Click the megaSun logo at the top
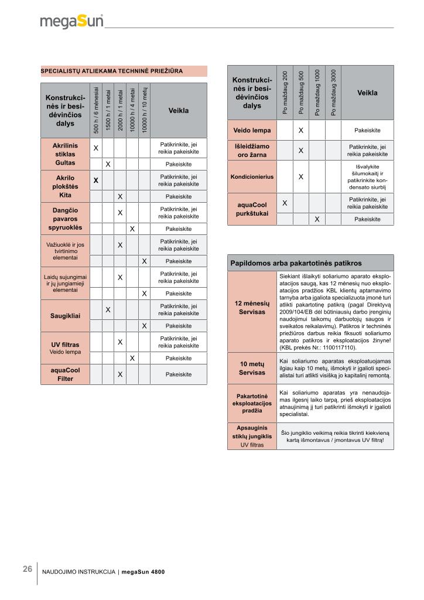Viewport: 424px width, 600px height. (71, 22)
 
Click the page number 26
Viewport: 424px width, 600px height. (28, 569)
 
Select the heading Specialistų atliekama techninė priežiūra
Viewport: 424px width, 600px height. (112, 71)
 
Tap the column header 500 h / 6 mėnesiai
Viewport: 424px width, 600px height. (96, 110)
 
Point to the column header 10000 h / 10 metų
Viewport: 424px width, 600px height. (144, 110)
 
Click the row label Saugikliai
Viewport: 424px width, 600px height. (65, 316)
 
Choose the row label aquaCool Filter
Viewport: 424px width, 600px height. (65, 374)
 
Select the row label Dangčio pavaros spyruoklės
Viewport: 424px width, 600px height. (65, 217)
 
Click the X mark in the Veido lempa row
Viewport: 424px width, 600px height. (300, 130)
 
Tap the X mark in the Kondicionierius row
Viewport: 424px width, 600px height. (300, 176)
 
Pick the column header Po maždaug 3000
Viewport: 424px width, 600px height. (333, 92)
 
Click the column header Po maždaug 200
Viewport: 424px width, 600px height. (285, 92)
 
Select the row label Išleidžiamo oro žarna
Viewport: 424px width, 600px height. (252, 151)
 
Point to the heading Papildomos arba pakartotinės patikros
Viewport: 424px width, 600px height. (296, 263)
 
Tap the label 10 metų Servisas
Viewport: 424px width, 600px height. (252, 368)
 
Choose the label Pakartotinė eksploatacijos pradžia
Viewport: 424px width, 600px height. (252, 403)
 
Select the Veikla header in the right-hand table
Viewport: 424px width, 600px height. (367, 93)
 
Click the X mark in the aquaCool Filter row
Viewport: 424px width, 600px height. (119, 374)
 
